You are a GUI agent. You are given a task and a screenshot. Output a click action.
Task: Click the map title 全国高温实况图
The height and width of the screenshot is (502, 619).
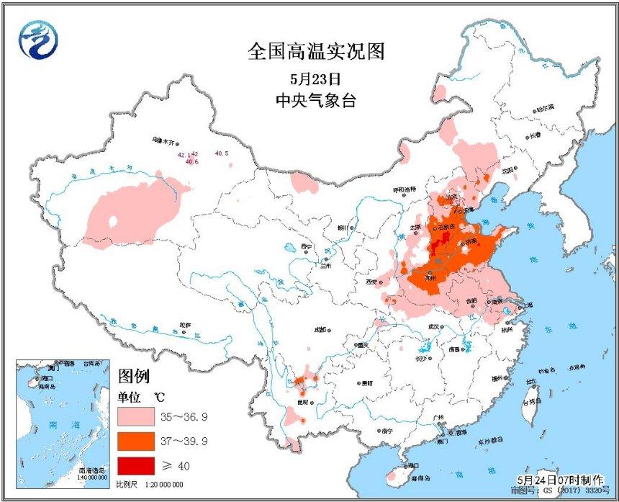(x=316, y=51)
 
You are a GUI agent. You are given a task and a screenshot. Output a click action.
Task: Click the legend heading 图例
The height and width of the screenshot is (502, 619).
(x=133, y=375)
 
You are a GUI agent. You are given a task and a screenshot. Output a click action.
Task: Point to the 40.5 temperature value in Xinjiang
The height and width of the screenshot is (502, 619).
(x=221, y=153)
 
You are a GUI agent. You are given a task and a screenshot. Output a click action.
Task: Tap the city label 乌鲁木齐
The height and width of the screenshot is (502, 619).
(x=165, y=140)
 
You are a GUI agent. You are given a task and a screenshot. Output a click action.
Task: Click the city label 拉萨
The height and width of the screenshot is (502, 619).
(x=186, y=325)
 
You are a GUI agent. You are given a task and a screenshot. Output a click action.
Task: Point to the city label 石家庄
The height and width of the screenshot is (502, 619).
(x=446, y=226)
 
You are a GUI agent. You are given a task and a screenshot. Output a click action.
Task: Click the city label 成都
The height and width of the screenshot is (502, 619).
(x=319, y=329)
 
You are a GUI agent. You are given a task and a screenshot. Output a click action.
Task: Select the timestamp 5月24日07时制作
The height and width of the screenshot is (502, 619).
(x=556, y=480)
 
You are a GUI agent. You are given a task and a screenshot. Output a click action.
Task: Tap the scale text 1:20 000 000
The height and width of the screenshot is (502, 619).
(x=163, y=485)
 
